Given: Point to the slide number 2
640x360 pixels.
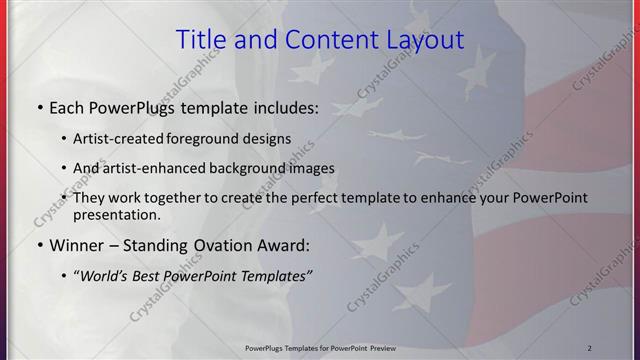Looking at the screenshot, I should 590,348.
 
